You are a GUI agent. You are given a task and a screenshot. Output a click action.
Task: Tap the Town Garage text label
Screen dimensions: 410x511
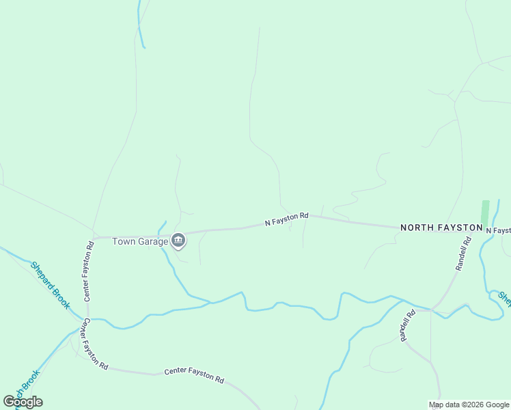(x=140, y=241)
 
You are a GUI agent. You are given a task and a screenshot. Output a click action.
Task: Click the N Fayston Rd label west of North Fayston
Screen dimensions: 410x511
(x=287, y=219)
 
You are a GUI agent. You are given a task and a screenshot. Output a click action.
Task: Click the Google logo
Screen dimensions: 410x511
(x=23, y=402)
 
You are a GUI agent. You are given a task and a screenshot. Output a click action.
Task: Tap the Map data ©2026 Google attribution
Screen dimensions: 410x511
(x=469, y=405)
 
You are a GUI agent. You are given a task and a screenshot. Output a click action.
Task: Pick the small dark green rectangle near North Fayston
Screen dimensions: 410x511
(x=485, y=212)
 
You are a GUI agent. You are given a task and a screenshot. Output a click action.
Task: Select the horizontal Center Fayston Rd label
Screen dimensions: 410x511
(x=194, y=375)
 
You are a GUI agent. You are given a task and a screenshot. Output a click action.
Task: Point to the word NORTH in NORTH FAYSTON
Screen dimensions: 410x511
(x=417, y=227)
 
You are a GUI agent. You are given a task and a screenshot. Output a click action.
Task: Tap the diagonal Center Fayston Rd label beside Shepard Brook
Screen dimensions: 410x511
(x=96, y=344)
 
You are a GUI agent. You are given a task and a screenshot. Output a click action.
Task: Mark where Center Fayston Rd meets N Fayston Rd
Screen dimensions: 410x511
(x=94, y=238)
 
